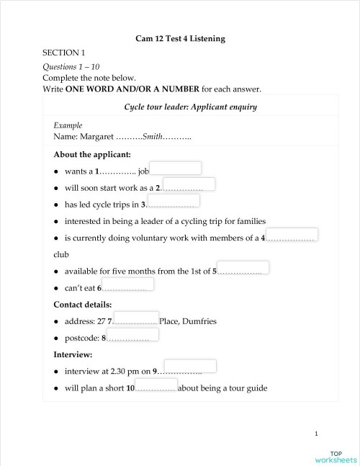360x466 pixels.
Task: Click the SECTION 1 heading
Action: pos(63,53)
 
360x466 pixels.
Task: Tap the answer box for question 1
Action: pos(176,168)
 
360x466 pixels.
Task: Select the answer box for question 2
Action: pos(189,184)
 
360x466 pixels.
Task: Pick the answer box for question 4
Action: pos(292,234)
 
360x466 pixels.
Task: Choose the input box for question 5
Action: pos(243,268)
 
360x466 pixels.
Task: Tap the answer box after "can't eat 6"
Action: pos(128,284)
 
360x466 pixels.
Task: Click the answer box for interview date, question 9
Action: pos(190,367)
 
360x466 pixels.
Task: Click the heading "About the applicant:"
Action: pos(92,154)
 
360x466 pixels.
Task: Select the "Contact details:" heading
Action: pos(83,304)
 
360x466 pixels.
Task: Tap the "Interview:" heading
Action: pos(73,354)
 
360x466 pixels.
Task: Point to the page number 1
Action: pos(316,434)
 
